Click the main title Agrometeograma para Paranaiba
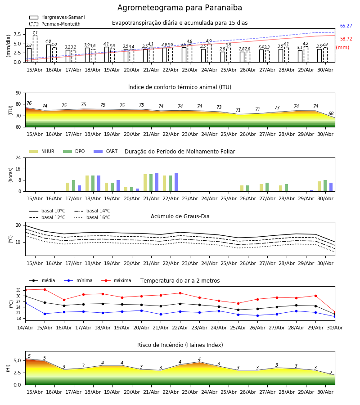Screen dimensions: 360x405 180,8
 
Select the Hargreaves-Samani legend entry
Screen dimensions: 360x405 57,17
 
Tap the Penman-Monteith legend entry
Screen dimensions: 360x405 55,24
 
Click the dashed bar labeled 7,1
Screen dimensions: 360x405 35,49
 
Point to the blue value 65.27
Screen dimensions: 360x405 346,26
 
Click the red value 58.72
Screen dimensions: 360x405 346,39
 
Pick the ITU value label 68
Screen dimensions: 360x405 331,114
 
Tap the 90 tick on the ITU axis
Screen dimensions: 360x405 18,93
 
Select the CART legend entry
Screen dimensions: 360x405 106,151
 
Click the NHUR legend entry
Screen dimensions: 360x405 42,151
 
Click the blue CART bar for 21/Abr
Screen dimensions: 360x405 157,182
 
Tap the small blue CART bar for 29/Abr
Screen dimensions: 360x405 312,191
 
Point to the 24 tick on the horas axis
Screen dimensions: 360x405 18,157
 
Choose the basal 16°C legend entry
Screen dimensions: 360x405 92,217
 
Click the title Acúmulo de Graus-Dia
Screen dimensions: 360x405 180,216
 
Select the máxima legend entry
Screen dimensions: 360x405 116,280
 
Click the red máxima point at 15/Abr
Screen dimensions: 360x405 45,289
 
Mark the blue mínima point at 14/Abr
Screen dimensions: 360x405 26,303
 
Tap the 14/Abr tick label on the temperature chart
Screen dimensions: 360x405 25,328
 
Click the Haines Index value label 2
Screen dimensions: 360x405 331,373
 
